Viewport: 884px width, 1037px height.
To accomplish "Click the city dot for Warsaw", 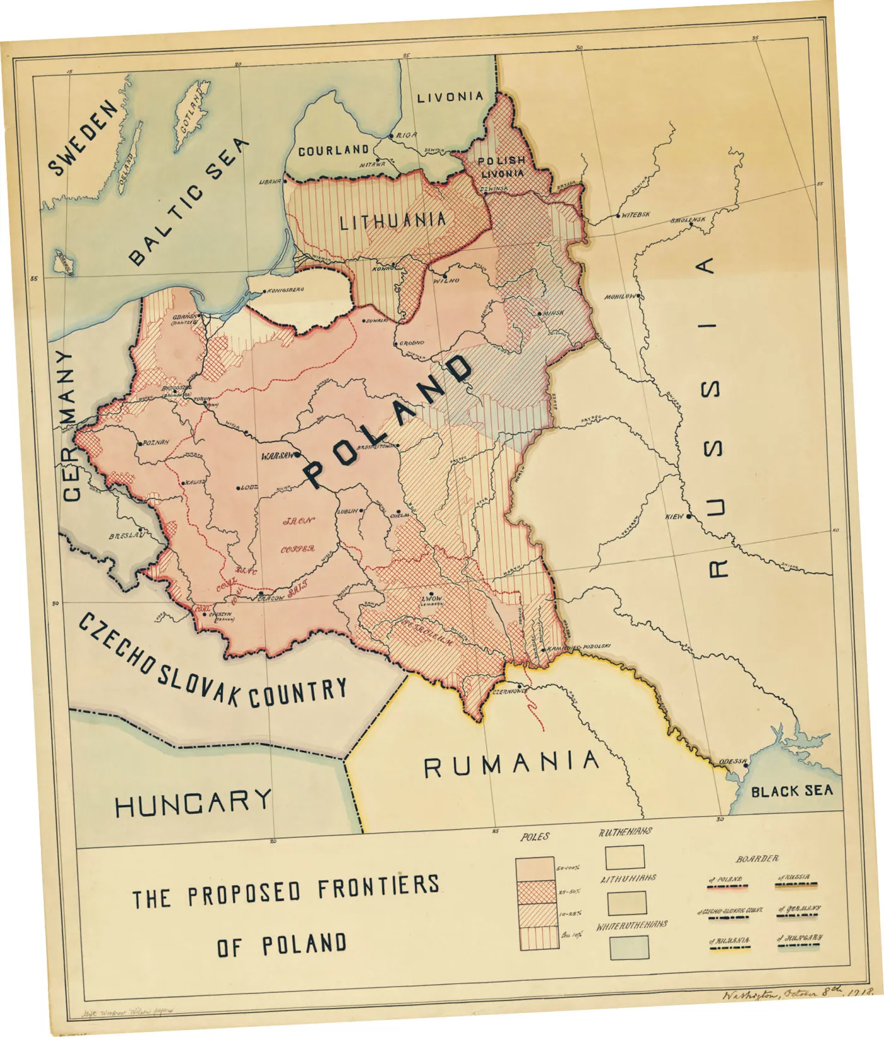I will coord(295,454).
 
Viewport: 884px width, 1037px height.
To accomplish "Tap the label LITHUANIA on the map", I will coord(393,221).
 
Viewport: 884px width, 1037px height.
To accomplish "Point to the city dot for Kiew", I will coord(690,516).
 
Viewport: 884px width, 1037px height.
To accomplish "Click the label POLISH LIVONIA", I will coord(502,167).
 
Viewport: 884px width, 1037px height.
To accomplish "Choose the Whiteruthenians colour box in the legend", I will coord(629,947).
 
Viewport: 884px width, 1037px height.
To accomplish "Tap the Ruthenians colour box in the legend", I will coord(624,857).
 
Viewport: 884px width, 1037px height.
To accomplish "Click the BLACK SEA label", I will coord(791,791).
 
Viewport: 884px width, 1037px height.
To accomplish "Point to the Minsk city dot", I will coord(539,313).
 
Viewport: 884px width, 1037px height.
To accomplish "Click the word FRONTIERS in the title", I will coord(378,887).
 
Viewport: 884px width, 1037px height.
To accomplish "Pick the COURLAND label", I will coord(333,150).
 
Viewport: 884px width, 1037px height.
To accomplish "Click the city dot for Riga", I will coord(391,136).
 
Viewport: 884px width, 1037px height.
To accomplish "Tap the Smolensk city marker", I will coord(693,225).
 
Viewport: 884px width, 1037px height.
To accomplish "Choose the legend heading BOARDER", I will coord(757,859).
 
